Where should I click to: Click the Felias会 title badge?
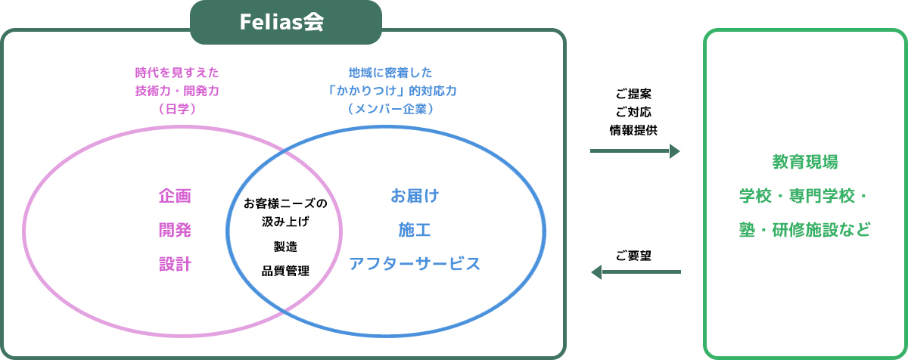tap(286, 22)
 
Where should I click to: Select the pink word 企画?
tap(175, 196)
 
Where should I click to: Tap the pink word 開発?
tap(175, 230)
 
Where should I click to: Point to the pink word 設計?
tap(175, 264)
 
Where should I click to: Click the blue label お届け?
tap(415, 196)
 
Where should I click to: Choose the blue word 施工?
tap(415, 230)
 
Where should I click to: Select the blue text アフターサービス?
tap(415, 264)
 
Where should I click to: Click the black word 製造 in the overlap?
tap(285, 247)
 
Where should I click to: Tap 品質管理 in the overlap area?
tap(285, 271)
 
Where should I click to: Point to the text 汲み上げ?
tap(285, 222)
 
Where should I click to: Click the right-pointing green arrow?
tap(635, 151)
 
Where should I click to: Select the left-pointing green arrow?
tap(636, 272)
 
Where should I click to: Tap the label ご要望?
tap(633, 256)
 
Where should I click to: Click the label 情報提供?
tap(633, 130)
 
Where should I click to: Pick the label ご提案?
tap(633, 94)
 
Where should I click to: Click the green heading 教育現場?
tap(805, 162)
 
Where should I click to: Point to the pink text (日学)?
tap(177, 109)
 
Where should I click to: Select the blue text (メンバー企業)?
tap(390, 109)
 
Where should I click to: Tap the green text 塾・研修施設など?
tap(805, 230)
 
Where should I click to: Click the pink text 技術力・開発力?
tap(177, 91)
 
